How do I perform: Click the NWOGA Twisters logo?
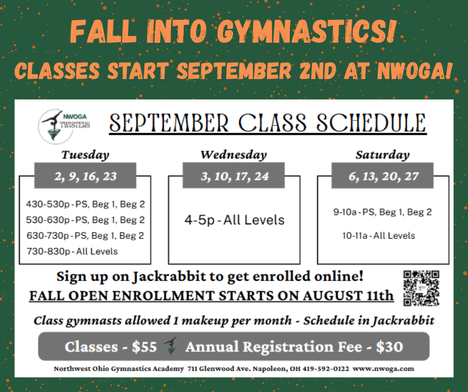[x=64, y=126]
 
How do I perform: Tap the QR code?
[x=421, y=288]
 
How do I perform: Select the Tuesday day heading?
[x=85, y=155]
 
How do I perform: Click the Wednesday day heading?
[x=234, y=155]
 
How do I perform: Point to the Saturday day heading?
[x=382, y=155]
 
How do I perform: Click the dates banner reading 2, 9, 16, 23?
[x=85, y=176]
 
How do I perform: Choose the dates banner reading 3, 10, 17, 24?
[x=234, y=176]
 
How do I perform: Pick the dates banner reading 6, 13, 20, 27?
[x=382, y=176]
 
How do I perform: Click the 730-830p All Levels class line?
[x=72, y=252]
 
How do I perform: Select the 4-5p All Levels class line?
[x=234, y=220]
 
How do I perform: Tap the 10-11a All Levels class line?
[x=379, y=236]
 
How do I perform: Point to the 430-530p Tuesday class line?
[x=85, y=204]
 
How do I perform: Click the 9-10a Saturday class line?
[x=383, y=212]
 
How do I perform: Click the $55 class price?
[x=144, y=347]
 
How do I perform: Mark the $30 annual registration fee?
[x=389, y=347]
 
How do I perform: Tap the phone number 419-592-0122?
[x=326, y=369]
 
